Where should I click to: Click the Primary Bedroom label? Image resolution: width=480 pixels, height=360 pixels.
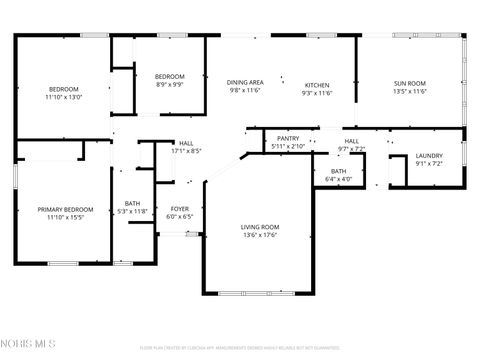[x=65, y=210]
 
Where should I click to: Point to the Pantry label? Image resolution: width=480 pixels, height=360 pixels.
[x=288, y=139]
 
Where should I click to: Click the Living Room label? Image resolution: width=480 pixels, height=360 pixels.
[x=259, y=227]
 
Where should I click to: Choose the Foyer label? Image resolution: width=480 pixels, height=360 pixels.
[x=179, y=209]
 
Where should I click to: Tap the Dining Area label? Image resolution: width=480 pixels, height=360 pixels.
[x=245, y=83]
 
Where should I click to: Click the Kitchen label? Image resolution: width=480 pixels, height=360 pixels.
[x=316, y=85]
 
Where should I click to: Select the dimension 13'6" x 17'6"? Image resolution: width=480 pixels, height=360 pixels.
[x=259, y=235]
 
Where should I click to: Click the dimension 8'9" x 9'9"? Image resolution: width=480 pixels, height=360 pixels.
[x=169, y=85]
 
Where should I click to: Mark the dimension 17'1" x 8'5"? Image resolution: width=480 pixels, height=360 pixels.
[x=186, y=151]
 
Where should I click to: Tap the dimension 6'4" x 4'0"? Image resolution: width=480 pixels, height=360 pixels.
[x=338, y=179]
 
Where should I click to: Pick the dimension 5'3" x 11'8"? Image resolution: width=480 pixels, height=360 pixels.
[x=133, y=211]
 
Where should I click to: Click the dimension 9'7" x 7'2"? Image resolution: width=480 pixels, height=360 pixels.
[x=352, y=149]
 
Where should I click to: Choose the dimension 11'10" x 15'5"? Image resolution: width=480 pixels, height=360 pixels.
[x=65, y=218]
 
